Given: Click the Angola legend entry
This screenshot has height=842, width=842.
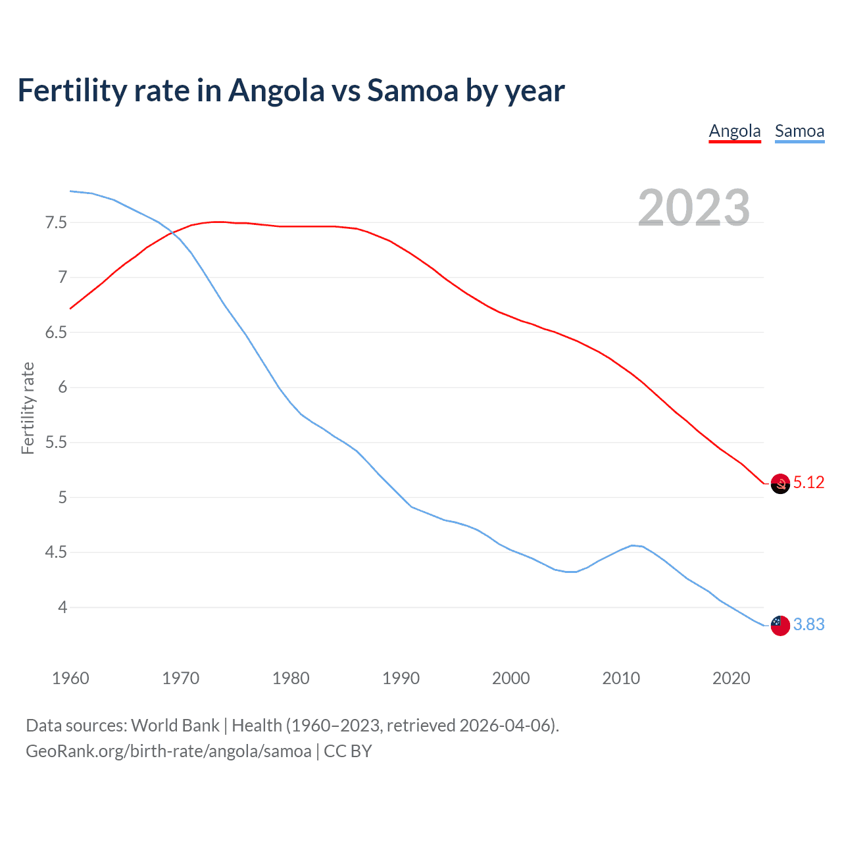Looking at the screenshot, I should (734, 131).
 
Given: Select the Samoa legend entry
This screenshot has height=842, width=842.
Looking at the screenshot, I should (799, 131).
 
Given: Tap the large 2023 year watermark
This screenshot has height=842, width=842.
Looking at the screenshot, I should (693, 208).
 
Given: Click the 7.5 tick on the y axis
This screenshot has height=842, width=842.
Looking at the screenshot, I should (56, 222).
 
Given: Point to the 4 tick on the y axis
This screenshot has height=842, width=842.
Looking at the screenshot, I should (62, 607).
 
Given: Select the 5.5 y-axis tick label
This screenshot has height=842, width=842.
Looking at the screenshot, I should (56, 442).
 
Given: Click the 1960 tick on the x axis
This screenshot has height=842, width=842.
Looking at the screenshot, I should (70, 678).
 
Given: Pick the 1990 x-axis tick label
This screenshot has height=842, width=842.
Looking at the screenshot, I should (401, 678).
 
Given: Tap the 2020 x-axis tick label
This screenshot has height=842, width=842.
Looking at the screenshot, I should (731, 678).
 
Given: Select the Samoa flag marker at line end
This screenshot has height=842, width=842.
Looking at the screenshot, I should (780, 626).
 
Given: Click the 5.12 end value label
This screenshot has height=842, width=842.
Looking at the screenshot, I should (808, 483).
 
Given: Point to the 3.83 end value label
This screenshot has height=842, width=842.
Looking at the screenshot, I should (808, 625).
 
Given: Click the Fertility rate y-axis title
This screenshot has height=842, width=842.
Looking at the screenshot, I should (28, 408).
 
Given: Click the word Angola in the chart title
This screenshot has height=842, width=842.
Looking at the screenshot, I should (276, 90).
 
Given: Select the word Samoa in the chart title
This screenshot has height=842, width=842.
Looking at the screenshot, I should (412, 90).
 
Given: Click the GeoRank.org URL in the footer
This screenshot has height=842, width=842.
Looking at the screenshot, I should (168, 751).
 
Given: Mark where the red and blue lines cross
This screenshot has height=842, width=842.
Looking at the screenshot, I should (170, 232).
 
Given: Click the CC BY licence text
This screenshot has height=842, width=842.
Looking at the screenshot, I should (348, 751).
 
